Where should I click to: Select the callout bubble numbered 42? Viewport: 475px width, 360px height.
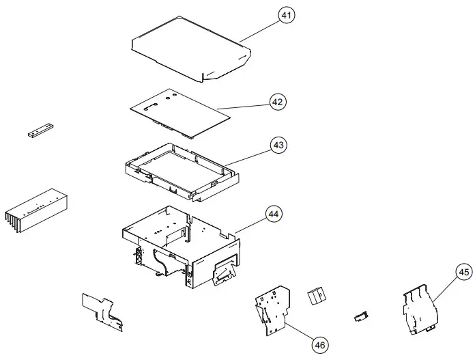[x=277, y=102]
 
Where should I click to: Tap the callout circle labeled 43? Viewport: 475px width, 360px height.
[x=278, y=145]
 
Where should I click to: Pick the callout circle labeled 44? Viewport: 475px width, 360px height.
[x=274, y=214]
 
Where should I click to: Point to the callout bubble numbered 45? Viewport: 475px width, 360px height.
[x=444, y=273]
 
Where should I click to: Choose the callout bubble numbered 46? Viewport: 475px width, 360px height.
[x=319, y=345]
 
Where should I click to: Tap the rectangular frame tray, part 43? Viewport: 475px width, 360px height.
[x=181, y=171]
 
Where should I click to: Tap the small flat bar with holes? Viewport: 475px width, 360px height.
[x=40, y=130]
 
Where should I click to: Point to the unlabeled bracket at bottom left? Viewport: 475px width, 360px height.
[x=102, y=311]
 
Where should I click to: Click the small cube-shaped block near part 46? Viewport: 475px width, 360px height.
[x=315, y=296]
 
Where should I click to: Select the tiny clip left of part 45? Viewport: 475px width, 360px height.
[x=360, y=315]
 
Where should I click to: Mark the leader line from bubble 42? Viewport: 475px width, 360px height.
[x=246, y=106]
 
